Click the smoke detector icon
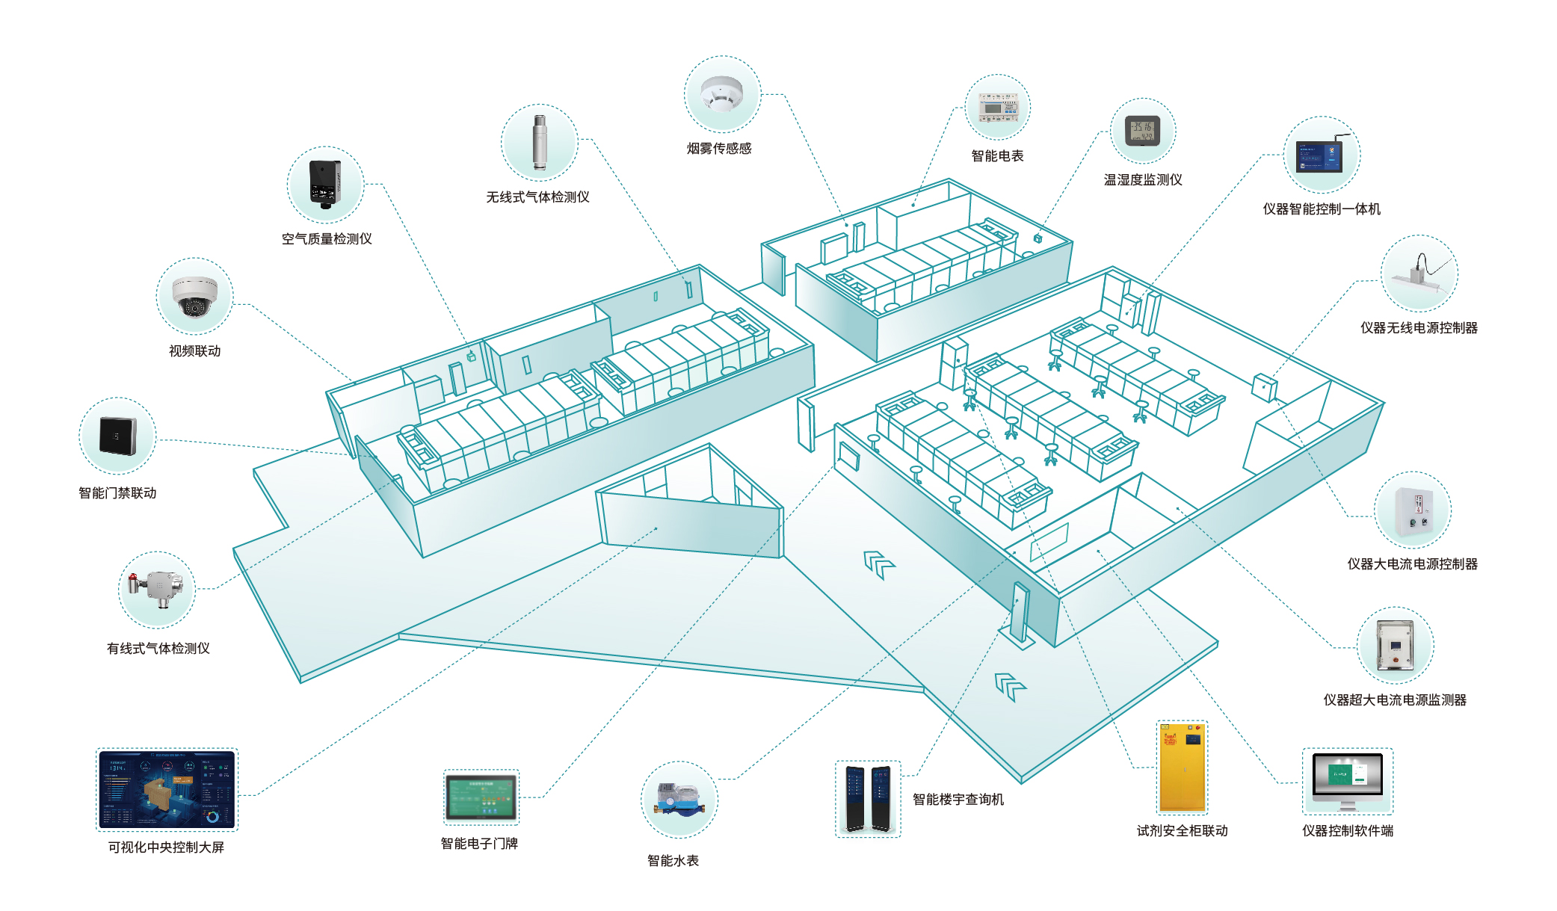point(722,94)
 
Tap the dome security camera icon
point(194,296)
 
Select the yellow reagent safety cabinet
point(1182,768)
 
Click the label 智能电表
point(997,156)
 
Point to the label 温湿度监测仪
point(1143,180)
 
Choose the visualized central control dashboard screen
point(167,789)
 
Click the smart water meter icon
point(679,799)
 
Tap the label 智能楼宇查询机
point(958,800)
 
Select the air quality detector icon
point(325,184)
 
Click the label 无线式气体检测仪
point(537,197)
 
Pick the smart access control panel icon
point(117,436)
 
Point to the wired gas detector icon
point(156,587)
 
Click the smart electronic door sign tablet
point(481,797)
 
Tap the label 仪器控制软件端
point(1348,831)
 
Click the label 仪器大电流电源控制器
point(1412,564)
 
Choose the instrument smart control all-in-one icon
point(1321,156)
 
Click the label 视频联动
point(194,351)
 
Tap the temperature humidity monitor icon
point(1143,131)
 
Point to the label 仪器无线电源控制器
point(1419,328)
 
